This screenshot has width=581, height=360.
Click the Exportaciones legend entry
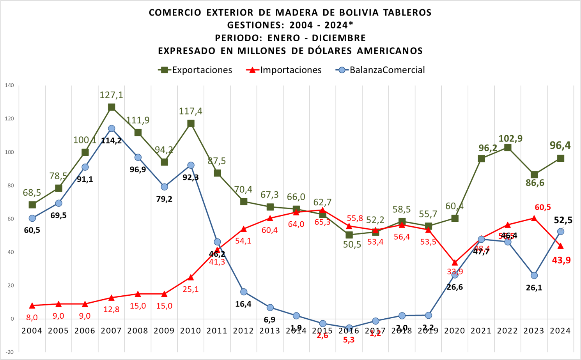coord(195,70)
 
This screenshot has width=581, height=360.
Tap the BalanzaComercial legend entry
coord(380,70)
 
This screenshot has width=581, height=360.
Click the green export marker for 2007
coord(112,107)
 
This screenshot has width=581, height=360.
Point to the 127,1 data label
coord(112,95)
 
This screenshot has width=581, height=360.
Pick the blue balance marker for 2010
coord(191,165)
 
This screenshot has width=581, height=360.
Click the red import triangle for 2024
coord(561,246)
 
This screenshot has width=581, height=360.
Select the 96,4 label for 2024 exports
coord(560,145)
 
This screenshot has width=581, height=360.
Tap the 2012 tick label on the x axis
coord(243,331)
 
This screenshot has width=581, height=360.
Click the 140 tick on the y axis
coord(9,85)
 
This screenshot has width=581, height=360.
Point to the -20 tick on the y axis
coord(9,352)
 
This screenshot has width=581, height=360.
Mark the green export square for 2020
coord(455,219)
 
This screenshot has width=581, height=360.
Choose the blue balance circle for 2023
coord(534,275)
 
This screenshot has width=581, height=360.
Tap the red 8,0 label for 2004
coord(32,318)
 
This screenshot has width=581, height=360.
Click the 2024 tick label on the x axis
coord(560,331)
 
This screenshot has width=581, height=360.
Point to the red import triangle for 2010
coord(191,277)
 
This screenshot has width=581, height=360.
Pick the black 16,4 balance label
coord(243,304)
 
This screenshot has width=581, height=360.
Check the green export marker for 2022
coord(508,148)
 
